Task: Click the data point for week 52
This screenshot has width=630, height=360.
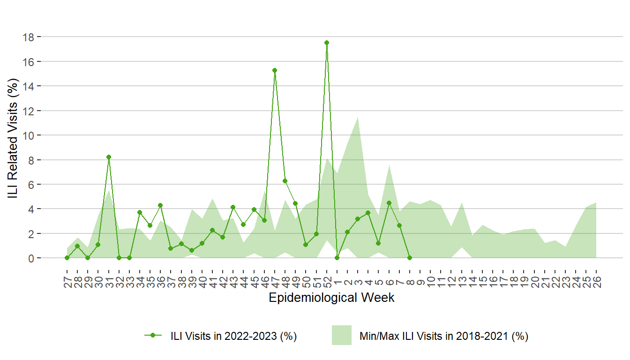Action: pyautogui.click(x=327, y=43)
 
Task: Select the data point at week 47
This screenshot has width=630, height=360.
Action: pyautogui.click(x=275, y=70)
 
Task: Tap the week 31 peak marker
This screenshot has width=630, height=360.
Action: pyautogui.click(x=109, y=157)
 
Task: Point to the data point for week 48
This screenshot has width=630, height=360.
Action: pyautogui.click(x=285, y=181)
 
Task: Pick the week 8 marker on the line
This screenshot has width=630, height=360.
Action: pyautogui.click(x=410, y=258)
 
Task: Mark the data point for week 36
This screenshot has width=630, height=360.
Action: pyautogui.click(x=160, y=205)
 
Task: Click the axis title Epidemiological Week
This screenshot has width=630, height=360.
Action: pyautogui.click(x=331, y=298)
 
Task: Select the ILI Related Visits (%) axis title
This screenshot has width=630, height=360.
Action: pyautogui.click(x=13, y=139)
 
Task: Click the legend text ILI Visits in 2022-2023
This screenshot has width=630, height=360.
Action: pyautogui.click(x=233, y=336)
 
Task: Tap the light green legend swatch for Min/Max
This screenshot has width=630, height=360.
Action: pyautogui.click(x=341, y=335)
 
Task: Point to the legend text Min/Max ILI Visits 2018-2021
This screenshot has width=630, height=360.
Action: pyautogui.click(x=443, y=336)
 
